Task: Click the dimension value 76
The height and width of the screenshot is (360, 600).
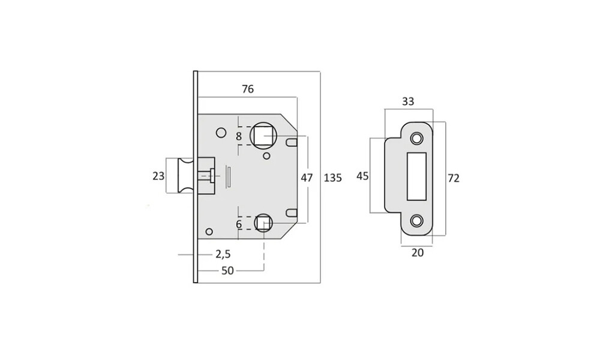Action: [248, 89]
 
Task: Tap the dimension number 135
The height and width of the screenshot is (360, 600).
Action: [332, 178]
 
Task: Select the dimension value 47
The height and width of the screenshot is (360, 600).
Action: [307, 178]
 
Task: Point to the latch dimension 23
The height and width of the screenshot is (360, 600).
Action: [158, 176]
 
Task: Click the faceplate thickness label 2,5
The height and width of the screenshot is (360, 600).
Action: [223, 254]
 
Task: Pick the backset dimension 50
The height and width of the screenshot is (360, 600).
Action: [227, 271]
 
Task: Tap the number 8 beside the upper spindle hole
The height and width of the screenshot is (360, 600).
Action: [239, 137]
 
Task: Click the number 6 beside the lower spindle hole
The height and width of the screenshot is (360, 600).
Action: [239, 224]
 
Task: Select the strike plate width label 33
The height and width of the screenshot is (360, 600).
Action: [408, 101]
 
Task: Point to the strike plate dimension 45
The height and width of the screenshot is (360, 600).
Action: [362, 176]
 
